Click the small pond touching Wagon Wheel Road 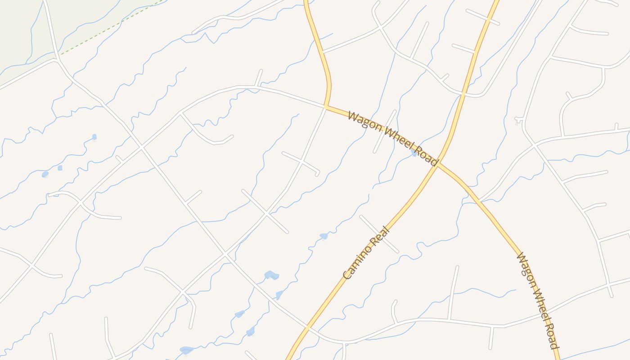(414, 153)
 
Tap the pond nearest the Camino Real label (324, 236)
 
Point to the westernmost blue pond (45, 174)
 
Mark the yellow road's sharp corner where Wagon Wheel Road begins (326, 107)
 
